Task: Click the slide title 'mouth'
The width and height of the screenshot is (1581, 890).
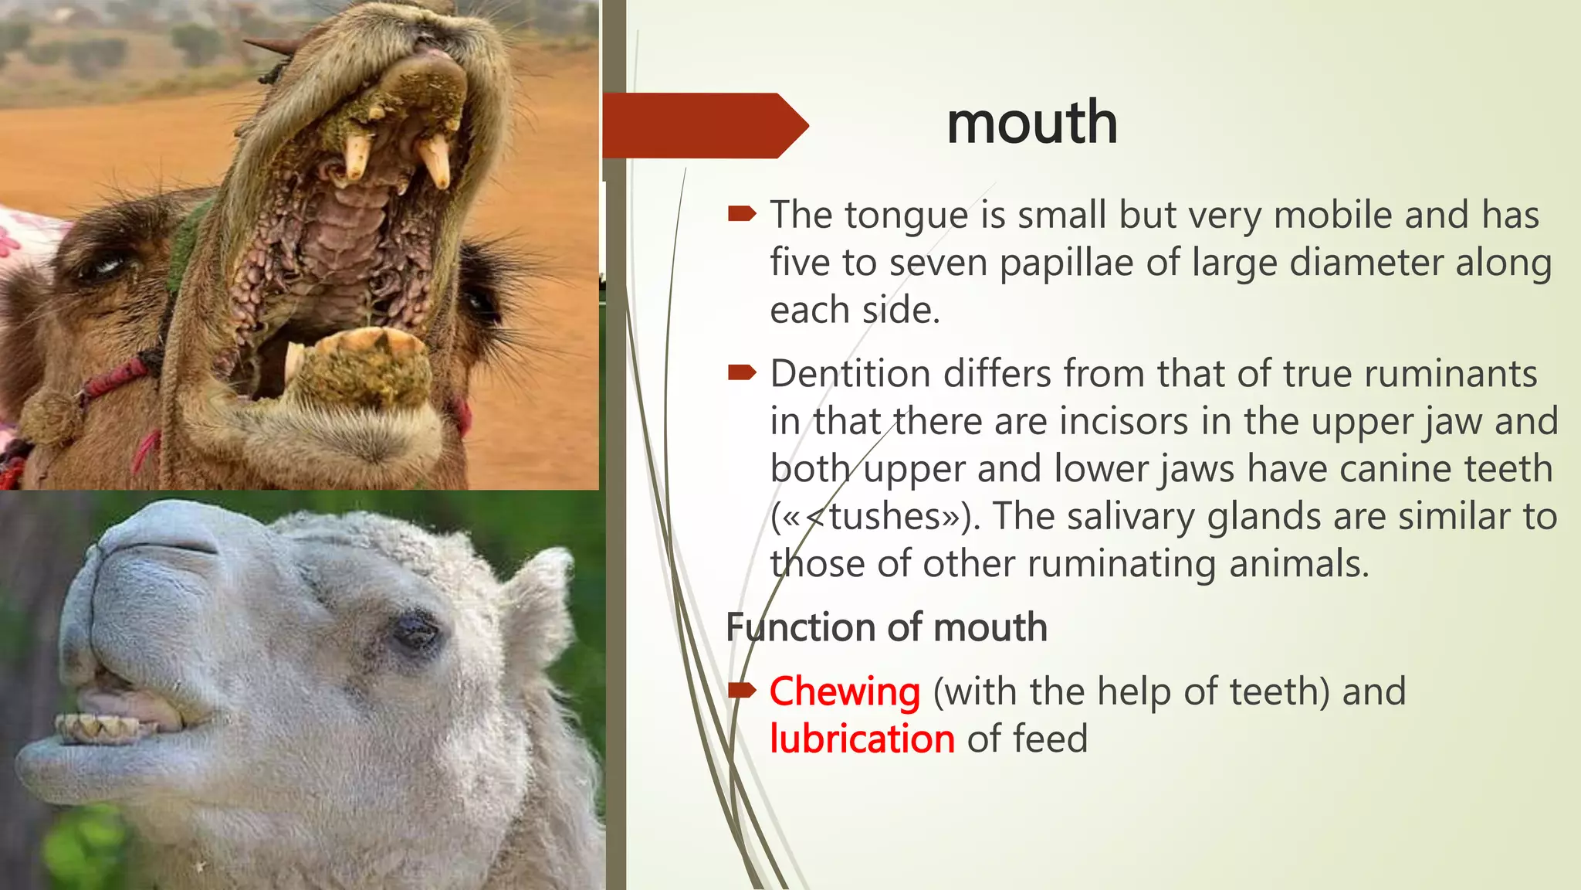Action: pyautogui.click(x=1031, y=124)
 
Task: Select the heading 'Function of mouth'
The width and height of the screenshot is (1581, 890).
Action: pyautogui.click(x=886, y=627)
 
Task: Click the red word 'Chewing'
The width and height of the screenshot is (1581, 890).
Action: pyautogui.click(x=845, y=691)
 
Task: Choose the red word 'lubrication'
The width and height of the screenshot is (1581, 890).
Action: pyautogui.click(x=862, y=739)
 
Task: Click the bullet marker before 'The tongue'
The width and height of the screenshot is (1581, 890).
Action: pyautogui.click(x=742, y=214)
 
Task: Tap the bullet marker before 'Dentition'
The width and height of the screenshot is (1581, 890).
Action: pyautogui.click(x=742, y=374)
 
